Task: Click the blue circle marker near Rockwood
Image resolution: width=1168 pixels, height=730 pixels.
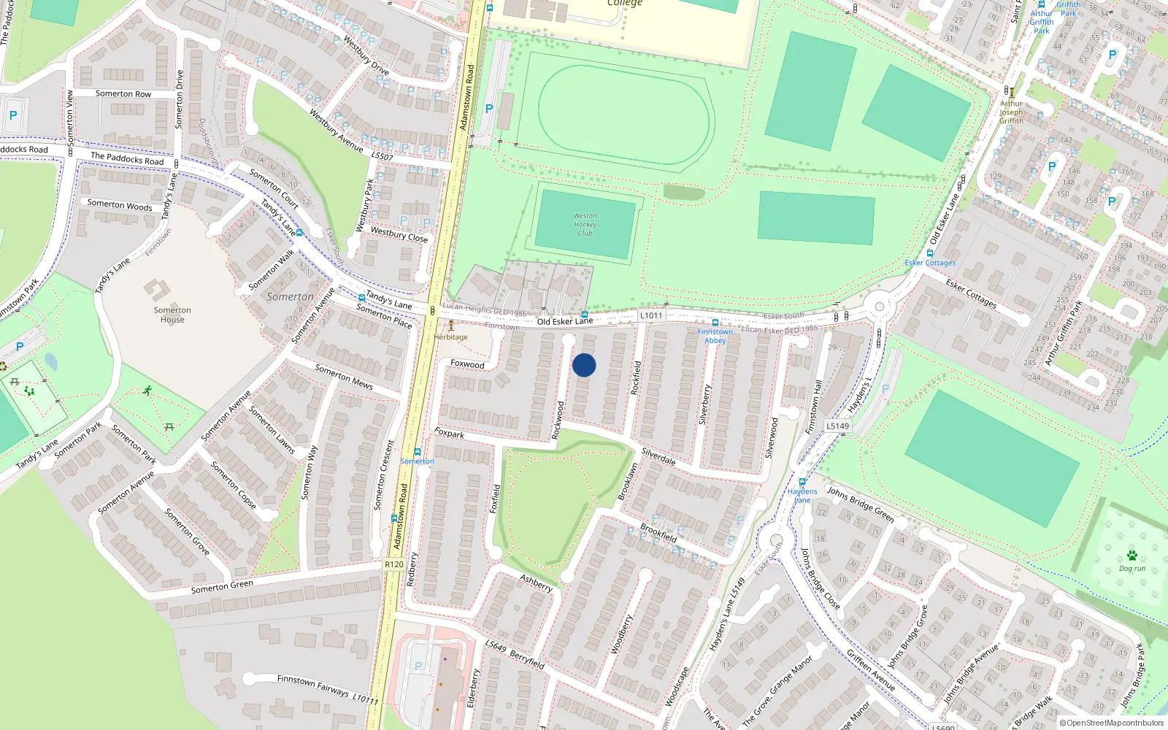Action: (584, 365)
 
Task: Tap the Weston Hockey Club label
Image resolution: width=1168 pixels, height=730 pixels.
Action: (585, 225)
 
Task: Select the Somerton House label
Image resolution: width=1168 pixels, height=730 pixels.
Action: (172, 315)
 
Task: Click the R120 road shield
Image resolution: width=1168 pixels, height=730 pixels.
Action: (394, 564)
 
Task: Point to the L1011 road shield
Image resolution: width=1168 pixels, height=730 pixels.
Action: (651, 315)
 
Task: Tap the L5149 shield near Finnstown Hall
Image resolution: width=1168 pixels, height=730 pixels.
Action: (838, 426)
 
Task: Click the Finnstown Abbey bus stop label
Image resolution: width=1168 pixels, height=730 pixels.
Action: (715, 336)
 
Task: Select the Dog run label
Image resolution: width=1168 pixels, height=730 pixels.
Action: (1132, 568)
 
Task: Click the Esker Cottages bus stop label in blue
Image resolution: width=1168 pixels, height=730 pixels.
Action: (930, 263)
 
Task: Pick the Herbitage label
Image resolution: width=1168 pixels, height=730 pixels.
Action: (450, 337)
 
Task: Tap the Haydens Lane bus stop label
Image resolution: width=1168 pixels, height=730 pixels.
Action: (802, 496)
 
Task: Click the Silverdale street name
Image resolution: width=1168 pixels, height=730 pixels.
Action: (658, 457)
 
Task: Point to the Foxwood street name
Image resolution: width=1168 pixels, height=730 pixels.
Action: (467, 364)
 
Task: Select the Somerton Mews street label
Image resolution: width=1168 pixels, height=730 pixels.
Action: (344, 377)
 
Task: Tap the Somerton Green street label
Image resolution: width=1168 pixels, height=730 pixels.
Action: (222, 586)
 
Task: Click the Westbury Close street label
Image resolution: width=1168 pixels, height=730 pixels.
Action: (399, 234)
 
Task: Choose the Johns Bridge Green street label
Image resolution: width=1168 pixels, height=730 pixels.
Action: (861, 504)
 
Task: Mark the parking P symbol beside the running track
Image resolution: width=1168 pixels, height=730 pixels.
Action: (489, 109)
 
